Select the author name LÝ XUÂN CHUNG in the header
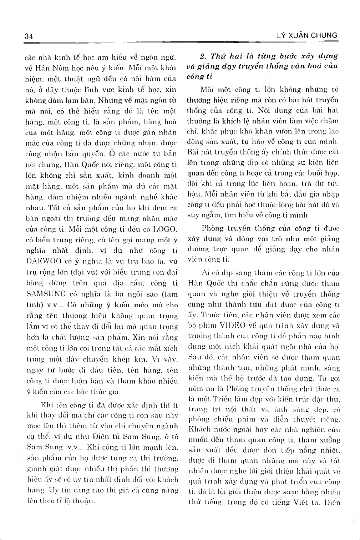pyautogui.click(x=307, y=35)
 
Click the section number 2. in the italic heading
pyautogui.click(x=203, y=56)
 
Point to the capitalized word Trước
pyautogui.click(x=211, y=315)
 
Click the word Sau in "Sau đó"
pyautogui.click(x=194, y=357)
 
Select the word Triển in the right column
pyautogui.click(x=223, y=399)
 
